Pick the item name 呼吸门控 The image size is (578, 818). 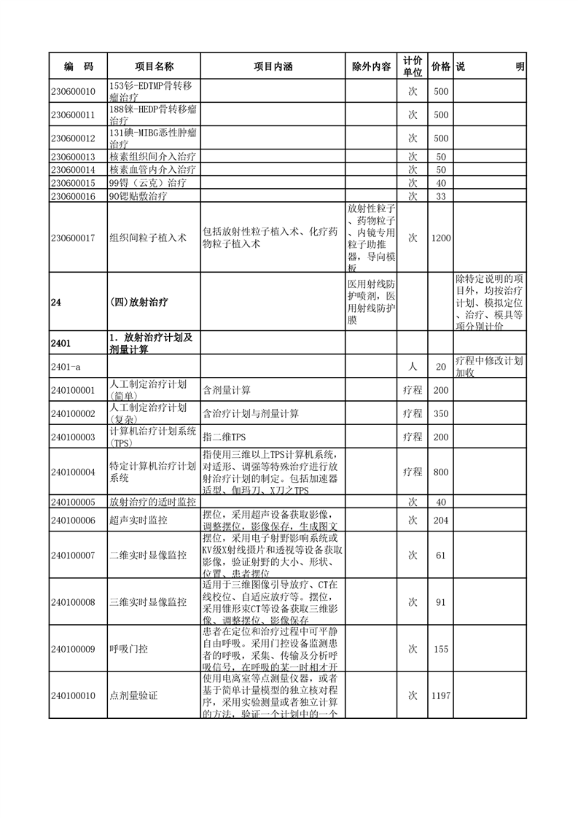pyautogui.click(x=128, y=648)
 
